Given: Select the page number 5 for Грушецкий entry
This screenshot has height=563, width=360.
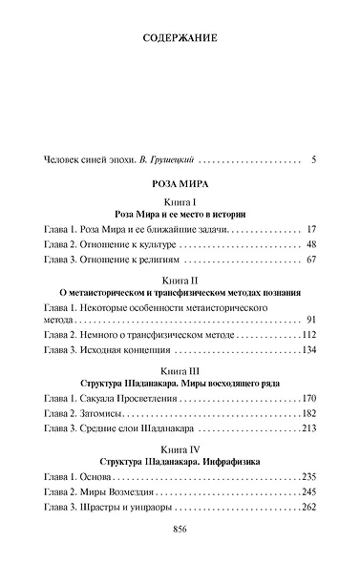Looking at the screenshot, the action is coord(312,157).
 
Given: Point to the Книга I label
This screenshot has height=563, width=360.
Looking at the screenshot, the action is coord(180,204).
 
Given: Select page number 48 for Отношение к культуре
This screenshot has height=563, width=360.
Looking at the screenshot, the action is coord(309,244).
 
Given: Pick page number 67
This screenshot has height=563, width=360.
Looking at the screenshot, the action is coord(309,260).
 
